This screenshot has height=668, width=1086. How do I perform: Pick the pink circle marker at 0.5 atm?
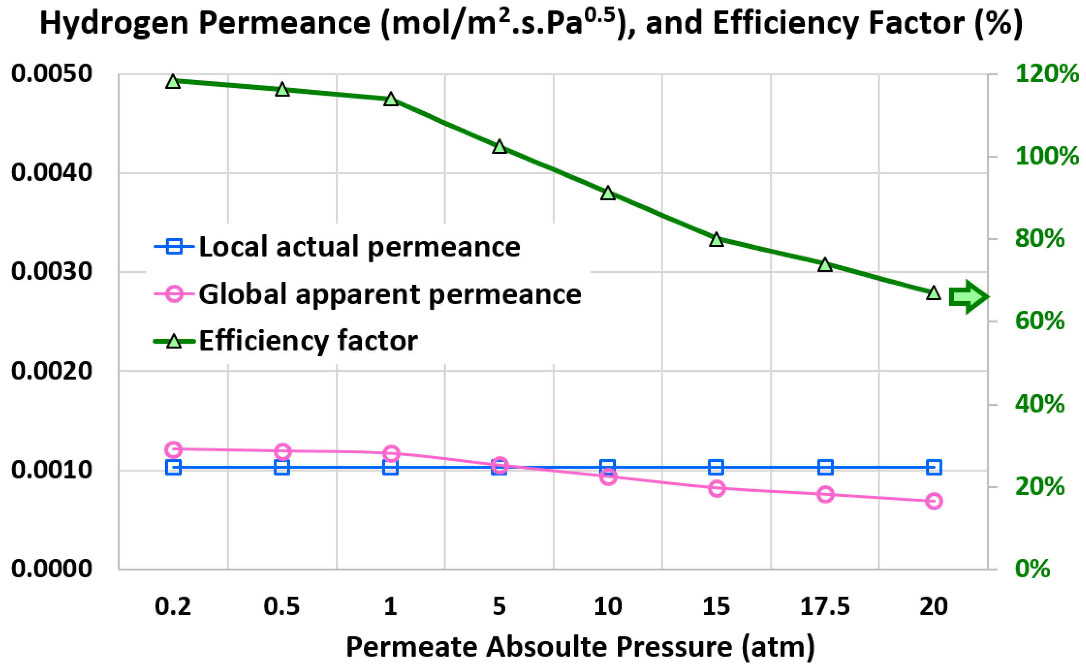click(x=282, y=451)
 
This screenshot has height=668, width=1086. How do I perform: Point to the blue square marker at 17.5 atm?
click(x=825, y=467)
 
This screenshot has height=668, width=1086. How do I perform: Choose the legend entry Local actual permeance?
click(x=359, y=246)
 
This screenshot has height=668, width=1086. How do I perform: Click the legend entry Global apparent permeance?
click(x=389, y=294)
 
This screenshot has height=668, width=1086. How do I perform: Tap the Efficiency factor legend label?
click(x=308, y=341)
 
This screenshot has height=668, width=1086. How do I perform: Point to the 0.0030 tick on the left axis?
click(x=52, y=271)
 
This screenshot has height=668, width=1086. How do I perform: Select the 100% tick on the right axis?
click(x=1046, y=156)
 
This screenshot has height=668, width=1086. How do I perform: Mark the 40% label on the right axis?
click(x=1039, y=404)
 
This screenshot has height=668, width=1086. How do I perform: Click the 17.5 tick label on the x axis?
click(x=825, y=606)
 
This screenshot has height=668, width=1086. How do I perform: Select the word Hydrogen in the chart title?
click(x=114, y=23)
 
